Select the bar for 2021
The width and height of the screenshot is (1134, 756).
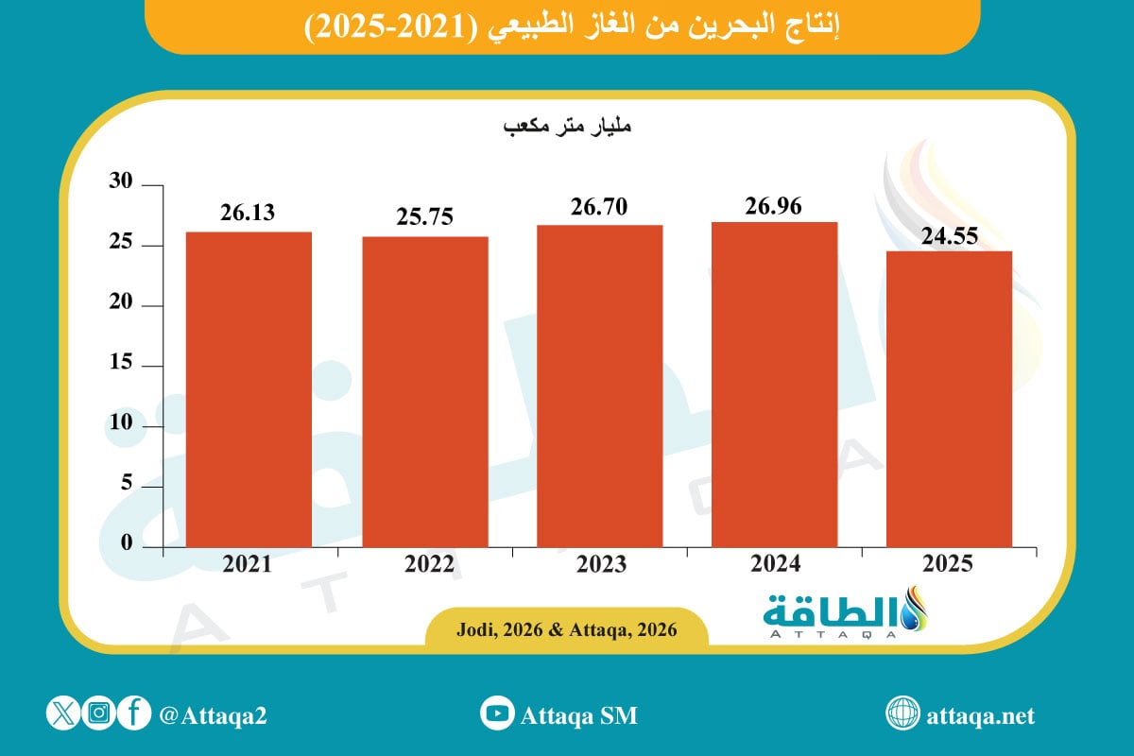[x=249, y=389]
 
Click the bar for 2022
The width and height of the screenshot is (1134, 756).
[x=425, y=391]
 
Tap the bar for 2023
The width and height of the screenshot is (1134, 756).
[x=599, y=386]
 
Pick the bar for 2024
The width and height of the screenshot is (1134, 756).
[x=774, y=384]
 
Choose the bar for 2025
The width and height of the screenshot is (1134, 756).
[x=950, y=399]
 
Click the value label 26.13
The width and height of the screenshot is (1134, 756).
[x=248, y=213]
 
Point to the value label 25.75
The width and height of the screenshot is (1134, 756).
[x=425, y=216]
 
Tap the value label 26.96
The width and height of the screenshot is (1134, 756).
[x=774, y=205]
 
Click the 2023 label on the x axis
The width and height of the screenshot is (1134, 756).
[x=599, y=564]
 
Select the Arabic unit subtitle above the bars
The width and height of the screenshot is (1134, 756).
[x=565, y=126]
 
